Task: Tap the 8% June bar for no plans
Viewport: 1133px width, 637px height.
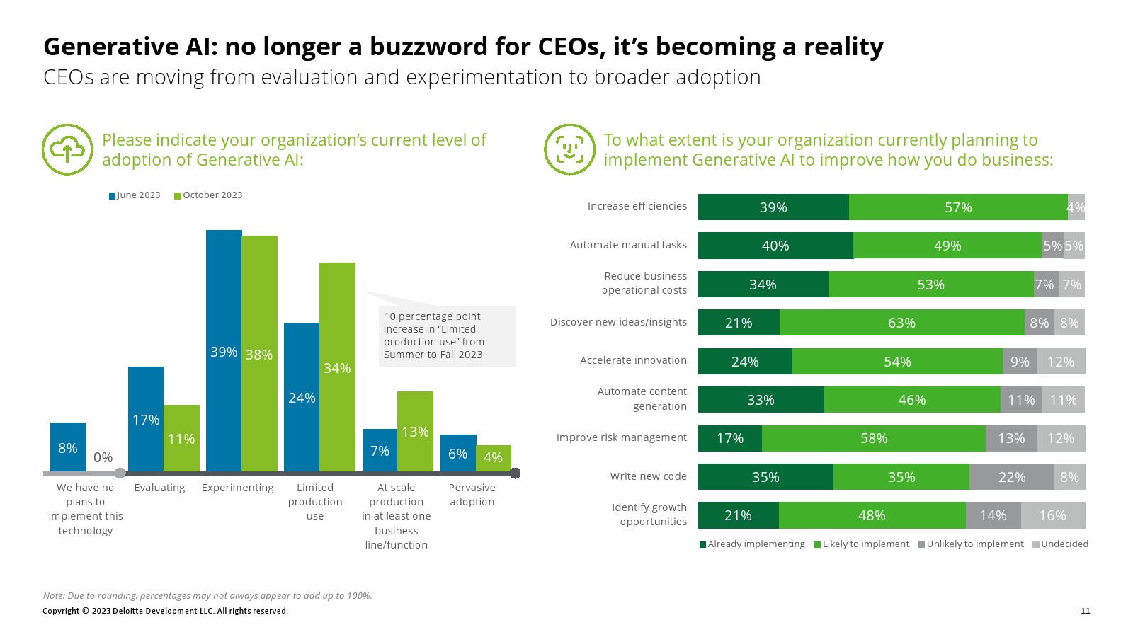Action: pos(68,447)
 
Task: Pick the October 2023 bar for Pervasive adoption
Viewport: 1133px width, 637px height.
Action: pos(493,458)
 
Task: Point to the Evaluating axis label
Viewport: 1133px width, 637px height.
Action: pos(159,488)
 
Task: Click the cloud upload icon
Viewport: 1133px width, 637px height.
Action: pos(67,149)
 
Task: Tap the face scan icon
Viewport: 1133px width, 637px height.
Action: pos(569,149)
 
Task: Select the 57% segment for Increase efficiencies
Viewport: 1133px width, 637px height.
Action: pos(958,207)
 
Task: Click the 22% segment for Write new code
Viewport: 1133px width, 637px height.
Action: pos(1011,477)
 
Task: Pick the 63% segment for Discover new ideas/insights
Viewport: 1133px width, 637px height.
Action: pos(901,323)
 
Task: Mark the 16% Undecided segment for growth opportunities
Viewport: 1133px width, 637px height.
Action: pos(1052,515)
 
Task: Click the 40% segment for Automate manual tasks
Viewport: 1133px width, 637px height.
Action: pos(775,246)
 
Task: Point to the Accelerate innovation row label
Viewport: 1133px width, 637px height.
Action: pos(633,360)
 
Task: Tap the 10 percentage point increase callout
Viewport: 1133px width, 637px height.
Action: pos(446,335)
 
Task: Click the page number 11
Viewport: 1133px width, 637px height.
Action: pos(1086,611)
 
